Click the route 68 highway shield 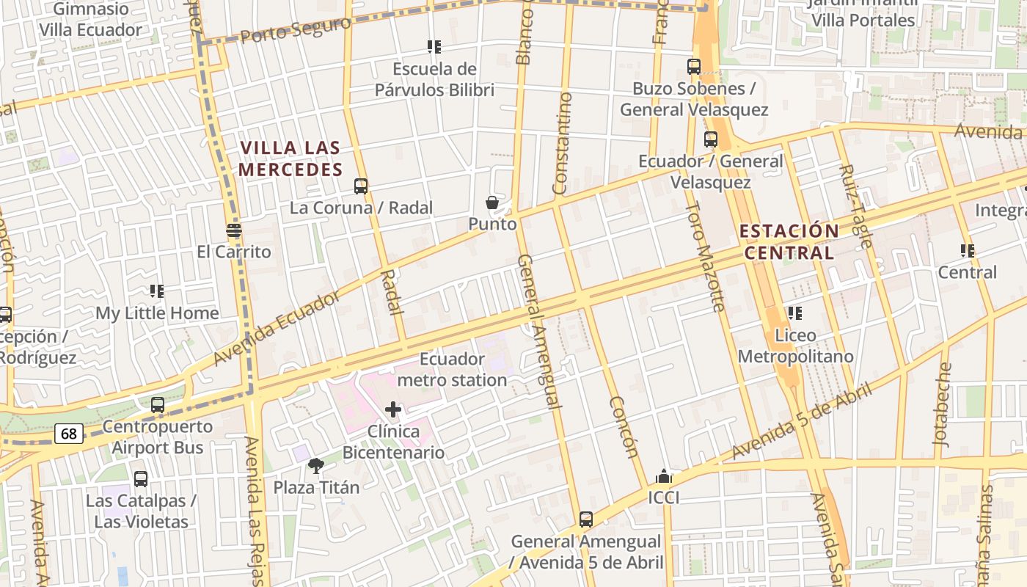point(68,434)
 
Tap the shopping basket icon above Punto point(492,203)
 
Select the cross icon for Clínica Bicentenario point(393,409)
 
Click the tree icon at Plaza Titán point(316,465)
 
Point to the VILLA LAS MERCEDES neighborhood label point(290,158)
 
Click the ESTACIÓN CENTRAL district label point(789,242)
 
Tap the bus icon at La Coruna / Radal point(360,186)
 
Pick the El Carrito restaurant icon point(234,231)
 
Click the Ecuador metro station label point(452,370)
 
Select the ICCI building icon point(664,476)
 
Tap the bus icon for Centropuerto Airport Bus point(157,405)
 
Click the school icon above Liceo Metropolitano point(795,313)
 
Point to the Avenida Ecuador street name point(277,328)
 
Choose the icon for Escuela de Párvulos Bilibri point(434,47)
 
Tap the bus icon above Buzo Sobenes point(694,67)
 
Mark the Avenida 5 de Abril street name point(802,420)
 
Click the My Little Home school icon point(156,291)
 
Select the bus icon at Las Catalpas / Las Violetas point(141,479)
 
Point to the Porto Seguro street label point(296,30)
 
